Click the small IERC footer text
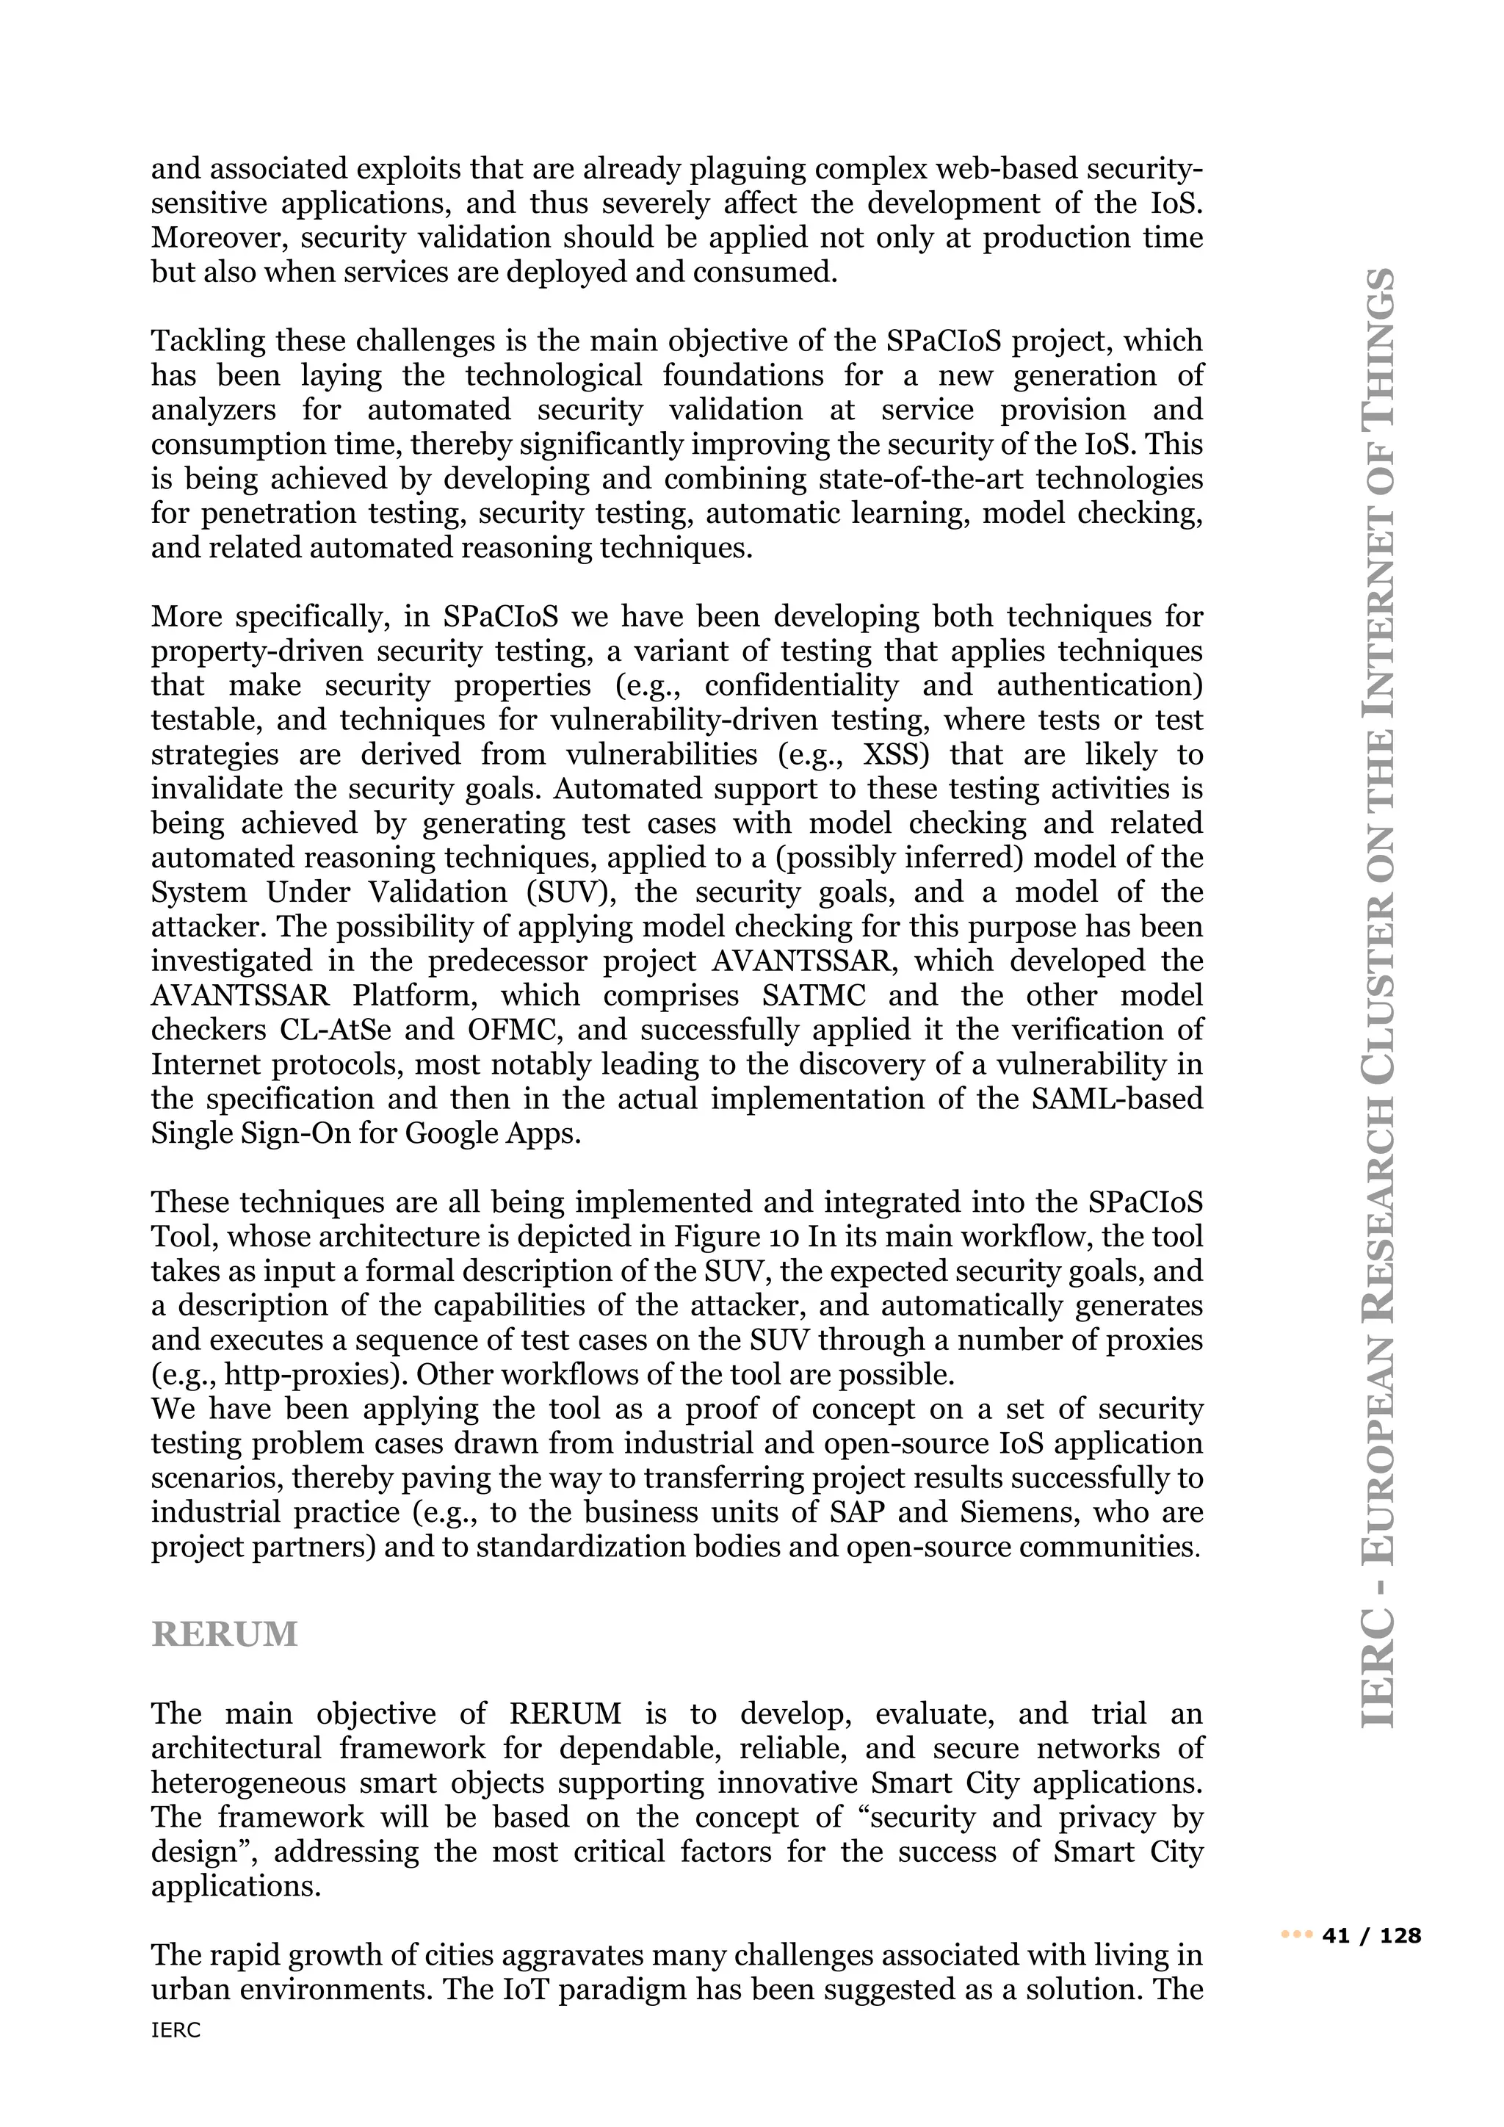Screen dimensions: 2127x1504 tap(176, 2056)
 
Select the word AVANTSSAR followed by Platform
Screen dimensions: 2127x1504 tap(240, 996)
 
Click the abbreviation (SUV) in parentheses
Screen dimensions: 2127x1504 tap(565, 892)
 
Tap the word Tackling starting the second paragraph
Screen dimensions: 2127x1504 tap(209, 341)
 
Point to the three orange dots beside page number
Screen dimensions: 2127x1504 tap(1297, 1935)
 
